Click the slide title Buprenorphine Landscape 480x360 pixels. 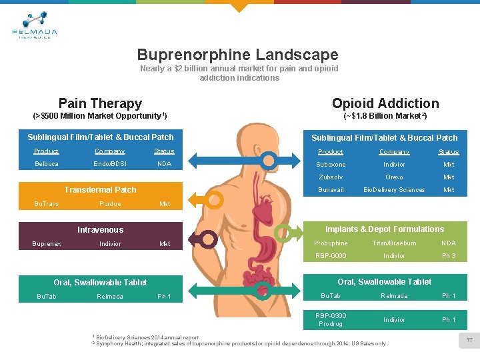point(237,55)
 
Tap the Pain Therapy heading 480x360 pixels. point(100,103)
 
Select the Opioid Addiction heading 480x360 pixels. point(385,103)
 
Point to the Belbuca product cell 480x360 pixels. point(47,164)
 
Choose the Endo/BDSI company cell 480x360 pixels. point(110,164)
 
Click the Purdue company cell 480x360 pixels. point(110,204)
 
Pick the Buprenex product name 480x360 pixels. point(47,244)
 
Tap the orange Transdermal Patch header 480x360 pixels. point(100,190)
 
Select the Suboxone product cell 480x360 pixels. point(331,165)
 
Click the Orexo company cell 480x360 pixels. point(394,177)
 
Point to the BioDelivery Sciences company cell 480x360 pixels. point(394,190)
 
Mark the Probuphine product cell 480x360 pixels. point(331,243)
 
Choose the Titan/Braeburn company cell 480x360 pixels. point(394,243)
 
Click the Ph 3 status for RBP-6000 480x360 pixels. point(449,256)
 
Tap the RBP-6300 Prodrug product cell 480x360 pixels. point(331,319)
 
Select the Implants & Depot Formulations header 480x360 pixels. point(384,229)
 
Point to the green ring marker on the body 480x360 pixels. point(263,291)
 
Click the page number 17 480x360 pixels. point(469,341)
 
